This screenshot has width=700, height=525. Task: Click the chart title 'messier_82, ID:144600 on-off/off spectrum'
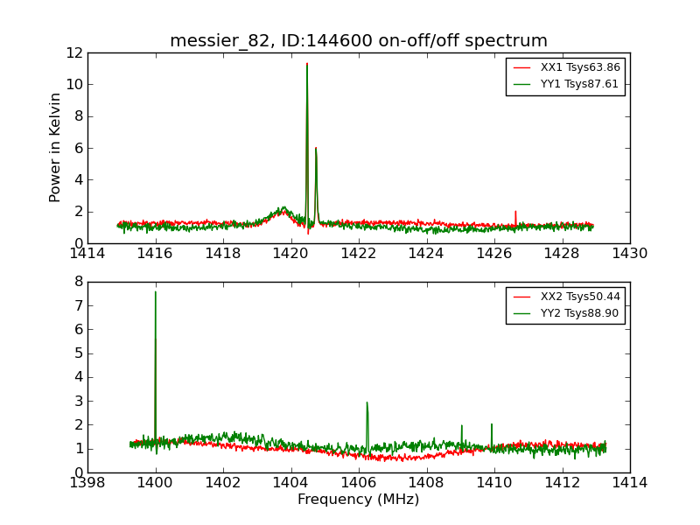point(359,41)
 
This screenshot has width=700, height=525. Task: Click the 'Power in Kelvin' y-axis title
point(56,147)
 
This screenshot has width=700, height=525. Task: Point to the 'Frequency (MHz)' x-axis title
point(359,500)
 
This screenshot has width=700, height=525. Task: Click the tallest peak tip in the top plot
point(307,64)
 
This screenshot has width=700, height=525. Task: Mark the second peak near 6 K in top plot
point(316,148)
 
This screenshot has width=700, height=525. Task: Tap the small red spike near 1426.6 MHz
point(515,211)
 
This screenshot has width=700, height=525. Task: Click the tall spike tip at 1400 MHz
point(156,292)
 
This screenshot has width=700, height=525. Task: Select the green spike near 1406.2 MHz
point(367,402)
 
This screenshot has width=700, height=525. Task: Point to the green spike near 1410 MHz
point(492,424)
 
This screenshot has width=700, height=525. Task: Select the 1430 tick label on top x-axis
point(629,253)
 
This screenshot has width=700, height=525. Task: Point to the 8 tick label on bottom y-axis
point(77,282)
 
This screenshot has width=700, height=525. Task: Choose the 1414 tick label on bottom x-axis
point(629,482)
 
